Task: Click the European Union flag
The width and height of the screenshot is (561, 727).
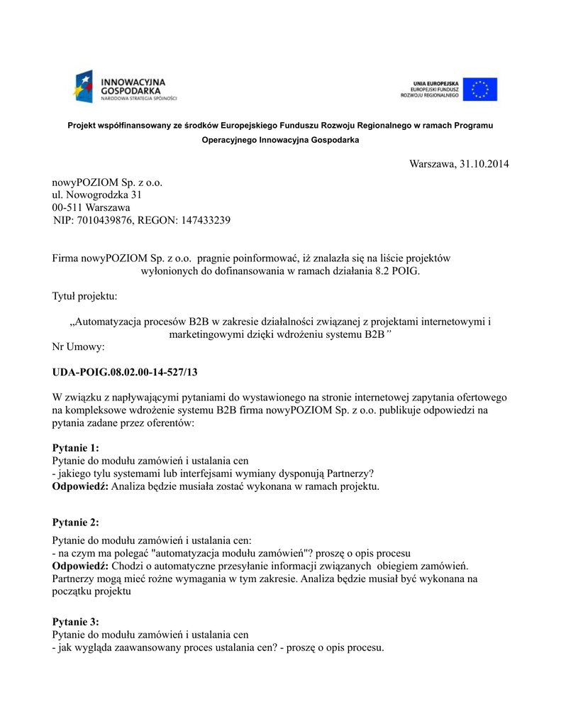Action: [x=480, y=89]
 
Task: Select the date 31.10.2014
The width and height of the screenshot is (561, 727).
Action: [x=484, y=164]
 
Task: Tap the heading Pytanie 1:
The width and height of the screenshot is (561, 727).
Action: [x=76, y=447]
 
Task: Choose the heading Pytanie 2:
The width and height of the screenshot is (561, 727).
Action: [x=76, y=523]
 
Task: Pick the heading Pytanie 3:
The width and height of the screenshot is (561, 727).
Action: [x=76, y=621]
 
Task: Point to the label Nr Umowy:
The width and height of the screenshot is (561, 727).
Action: [x=79, y=346]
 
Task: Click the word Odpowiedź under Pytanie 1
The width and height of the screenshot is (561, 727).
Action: [x=80, y=486]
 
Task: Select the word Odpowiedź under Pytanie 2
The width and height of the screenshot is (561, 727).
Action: [x=80, y=566]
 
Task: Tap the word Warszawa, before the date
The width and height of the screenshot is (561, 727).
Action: [x=433, y=164]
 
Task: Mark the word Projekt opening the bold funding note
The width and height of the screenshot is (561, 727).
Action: [x=83, y=126]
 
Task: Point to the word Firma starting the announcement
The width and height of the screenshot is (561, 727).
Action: [x=66, y=258]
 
